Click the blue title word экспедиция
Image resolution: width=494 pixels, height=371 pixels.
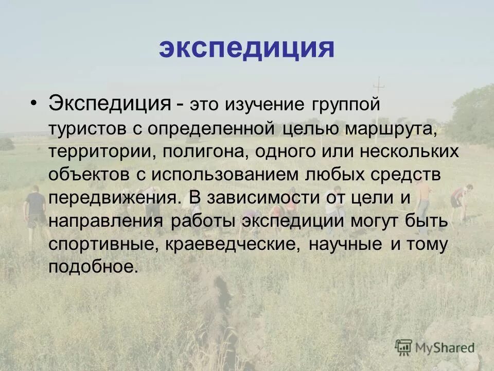tap(246, 48)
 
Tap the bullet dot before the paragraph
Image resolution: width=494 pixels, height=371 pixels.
tap(33, 102)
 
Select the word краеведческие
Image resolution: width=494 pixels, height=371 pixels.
tap(232, 245)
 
